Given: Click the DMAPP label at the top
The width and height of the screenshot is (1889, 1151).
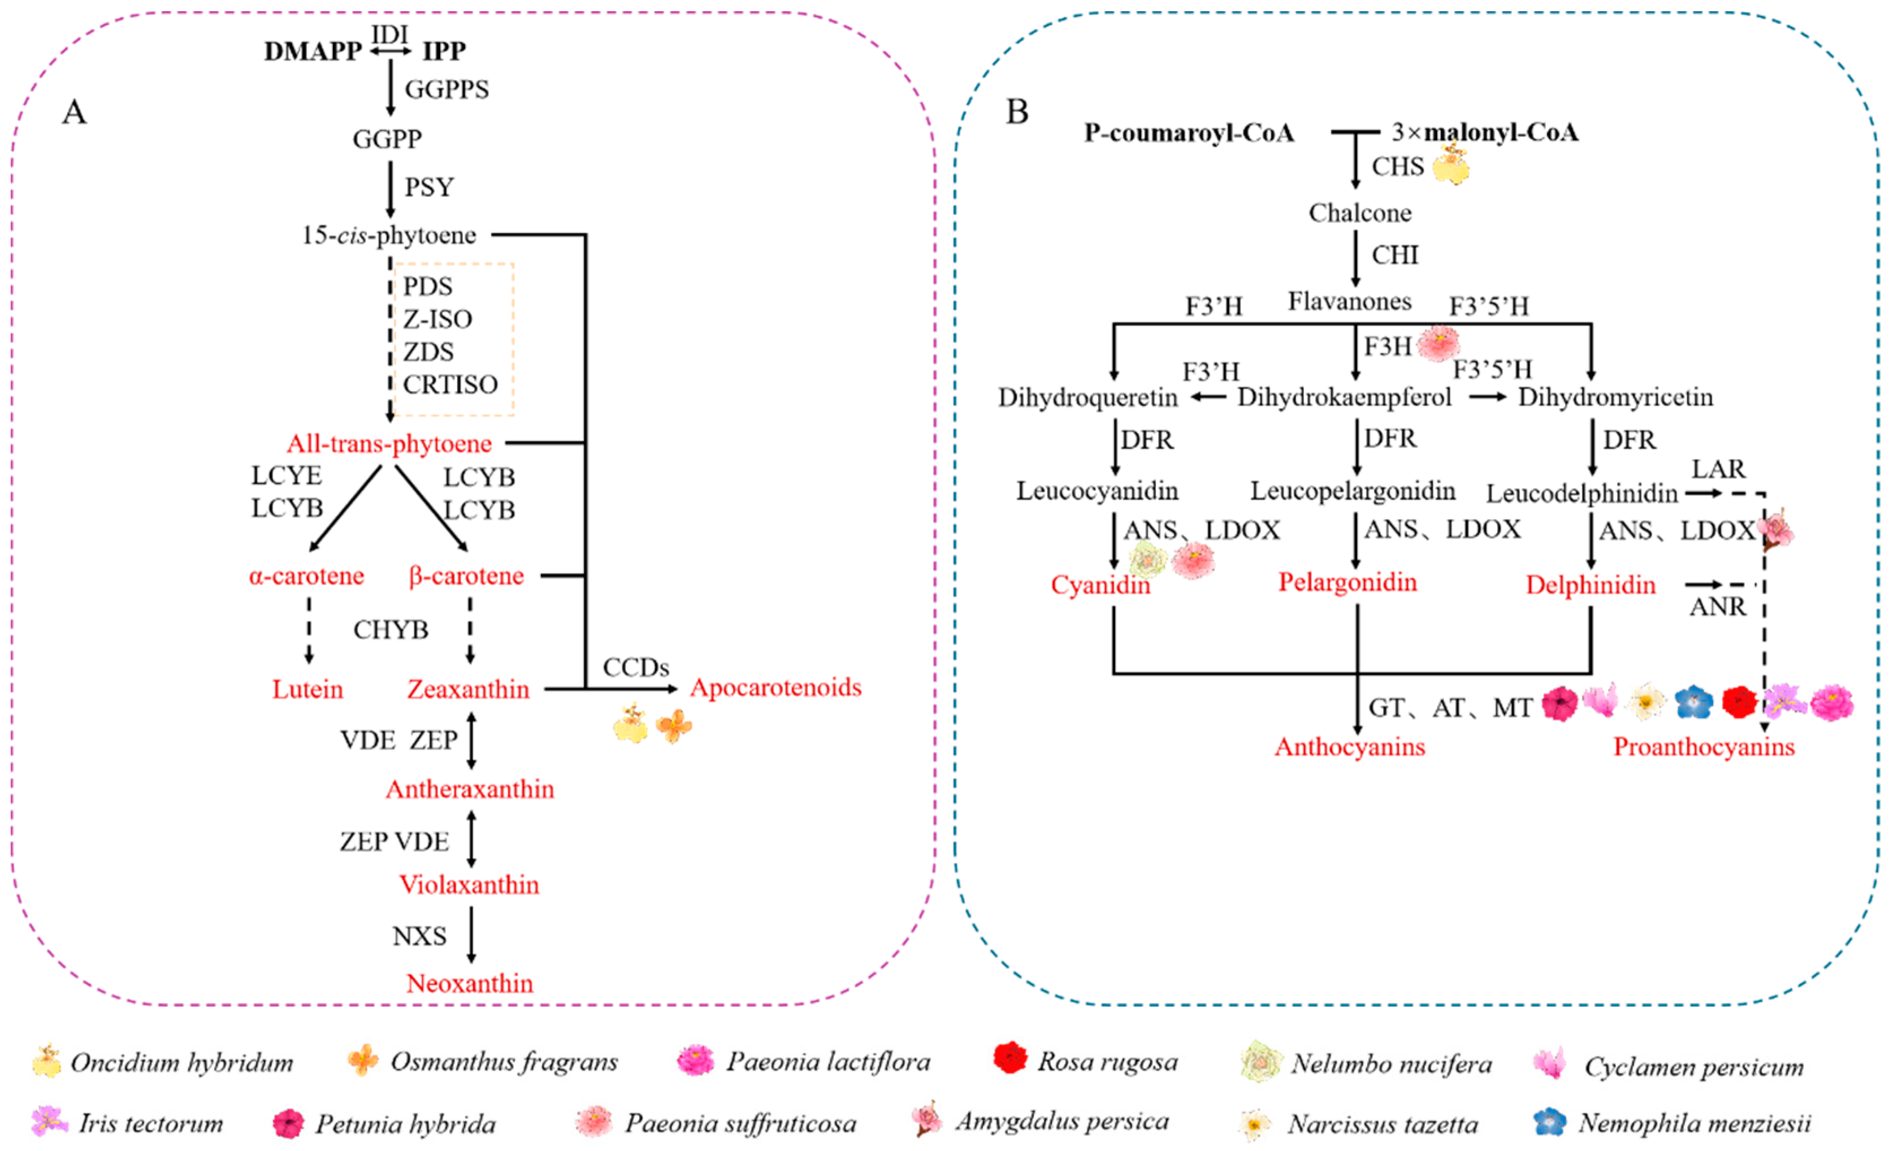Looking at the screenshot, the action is pos(313,51).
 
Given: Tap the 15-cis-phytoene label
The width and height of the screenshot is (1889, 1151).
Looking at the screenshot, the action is pos(389,235).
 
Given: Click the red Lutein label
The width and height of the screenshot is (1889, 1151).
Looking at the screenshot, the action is pos(307,689).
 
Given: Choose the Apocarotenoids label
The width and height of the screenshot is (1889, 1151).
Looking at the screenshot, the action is pos(776,687).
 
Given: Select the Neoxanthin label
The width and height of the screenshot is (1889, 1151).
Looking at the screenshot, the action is pos(469,983).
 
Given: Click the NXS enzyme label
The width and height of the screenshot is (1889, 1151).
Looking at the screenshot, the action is pos(419,936).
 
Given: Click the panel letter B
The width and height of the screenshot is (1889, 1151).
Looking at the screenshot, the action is pos(1016,112).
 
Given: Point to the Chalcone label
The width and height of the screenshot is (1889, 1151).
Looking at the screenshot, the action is pos(1359,213).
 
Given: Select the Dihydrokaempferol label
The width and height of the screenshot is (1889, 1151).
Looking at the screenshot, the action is pos(1345,397).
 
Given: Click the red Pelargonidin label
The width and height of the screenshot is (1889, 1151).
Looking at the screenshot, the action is pos(1347,582).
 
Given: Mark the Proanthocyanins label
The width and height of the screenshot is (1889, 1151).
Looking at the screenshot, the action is pos(1704,746).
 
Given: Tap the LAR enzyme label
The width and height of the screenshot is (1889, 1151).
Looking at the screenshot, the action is pos(1718,469).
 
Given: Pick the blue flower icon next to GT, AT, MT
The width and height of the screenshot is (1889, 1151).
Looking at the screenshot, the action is pos(1693,702).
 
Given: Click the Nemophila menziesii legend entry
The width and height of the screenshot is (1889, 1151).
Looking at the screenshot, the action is pos(1672,1123).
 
